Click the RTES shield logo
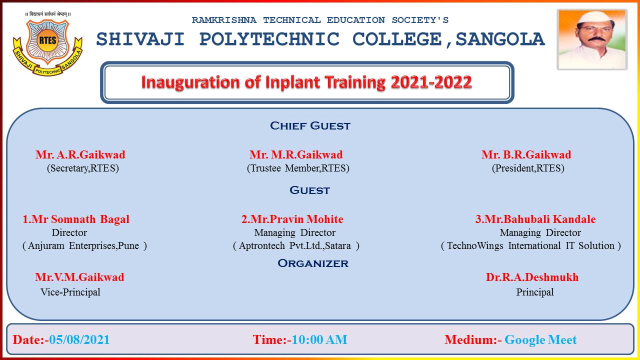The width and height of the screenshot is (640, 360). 47,45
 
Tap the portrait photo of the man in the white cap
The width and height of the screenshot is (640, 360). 592,39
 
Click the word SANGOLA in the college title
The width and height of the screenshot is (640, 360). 500,39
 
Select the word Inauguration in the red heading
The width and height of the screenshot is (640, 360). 191,82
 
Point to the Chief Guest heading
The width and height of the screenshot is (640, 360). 310,125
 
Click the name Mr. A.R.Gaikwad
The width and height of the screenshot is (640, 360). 80,155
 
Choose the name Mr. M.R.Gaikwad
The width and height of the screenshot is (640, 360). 296,155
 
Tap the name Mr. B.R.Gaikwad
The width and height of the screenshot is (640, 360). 526,155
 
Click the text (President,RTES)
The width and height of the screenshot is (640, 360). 528,168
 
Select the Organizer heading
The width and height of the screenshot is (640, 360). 313,263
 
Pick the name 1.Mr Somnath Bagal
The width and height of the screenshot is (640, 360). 76,219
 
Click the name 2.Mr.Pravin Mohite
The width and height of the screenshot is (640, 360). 292,219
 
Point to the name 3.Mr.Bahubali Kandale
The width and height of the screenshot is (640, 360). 535,219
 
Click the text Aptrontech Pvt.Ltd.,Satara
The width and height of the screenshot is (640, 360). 295,245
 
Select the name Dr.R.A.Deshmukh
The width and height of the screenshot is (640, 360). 532,277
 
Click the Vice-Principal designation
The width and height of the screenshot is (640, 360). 70,292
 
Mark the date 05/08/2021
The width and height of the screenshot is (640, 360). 79,340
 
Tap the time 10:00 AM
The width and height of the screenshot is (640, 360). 319,340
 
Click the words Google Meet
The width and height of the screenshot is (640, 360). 540,340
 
